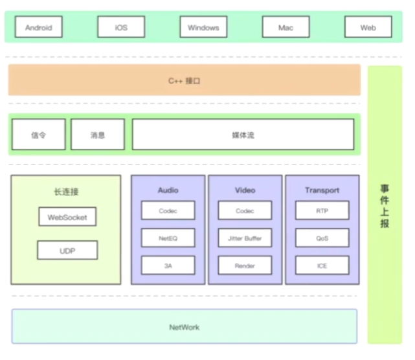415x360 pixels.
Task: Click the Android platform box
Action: (39, 27)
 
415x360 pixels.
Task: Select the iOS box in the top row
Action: (121, 27)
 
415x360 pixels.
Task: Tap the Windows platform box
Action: (203, 27)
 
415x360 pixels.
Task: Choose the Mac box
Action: (286, 27)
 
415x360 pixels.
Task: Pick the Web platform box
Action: (368, 27)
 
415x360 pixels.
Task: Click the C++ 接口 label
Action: (185, 81)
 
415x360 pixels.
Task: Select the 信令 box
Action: (39, 135)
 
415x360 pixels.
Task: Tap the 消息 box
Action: (98, 135)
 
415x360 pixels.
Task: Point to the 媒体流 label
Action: (243, 135)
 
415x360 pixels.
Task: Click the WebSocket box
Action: (67, 216)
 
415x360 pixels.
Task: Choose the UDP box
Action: (67, 250)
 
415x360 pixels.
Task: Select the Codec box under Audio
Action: (168, 210)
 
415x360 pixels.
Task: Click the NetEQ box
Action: (168, 238)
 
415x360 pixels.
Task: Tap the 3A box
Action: (168, 265)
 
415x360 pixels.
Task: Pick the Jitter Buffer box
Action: (245, 238)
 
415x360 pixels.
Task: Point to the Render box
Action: (245, 265)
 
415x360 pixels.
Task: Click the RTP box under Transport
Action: (322, 210)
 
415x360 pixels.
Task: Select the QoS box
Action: (322, 238)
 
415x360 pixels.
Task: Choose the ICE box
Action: (322, 265)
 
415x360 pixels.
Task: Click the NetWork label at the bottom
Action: (185, 328)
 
